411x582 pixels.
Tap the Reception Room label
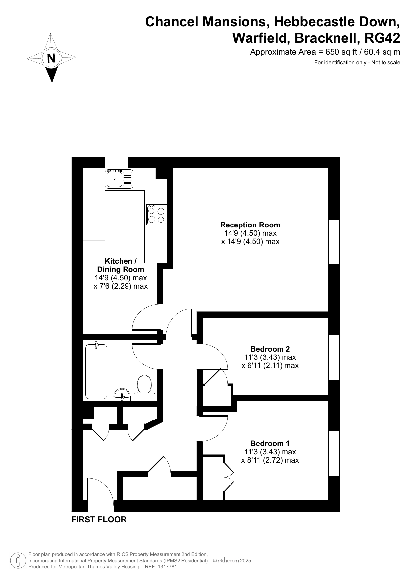(250, 225)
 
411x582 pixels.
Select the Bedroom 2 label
(270, 349)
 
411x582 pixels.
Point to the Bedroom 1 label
(270, 443)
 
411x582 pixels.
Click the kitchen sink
(119, 179)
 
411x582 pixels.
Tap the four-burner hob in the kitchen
(157, 215)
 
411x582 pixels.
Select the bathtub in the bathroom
(96, 371)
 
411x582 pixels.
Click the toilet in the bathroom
(144, 388)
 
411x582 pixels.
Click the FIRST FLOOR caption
(99, 520)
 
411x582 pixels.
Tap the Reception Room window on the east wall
(334, 241)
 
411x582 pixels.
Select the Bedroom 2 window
(334, 357)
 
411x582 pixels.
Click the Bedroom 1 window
(334, 454)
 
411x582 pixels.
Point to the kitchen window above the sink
(116, 162)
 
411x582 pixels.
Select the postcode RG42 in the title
(382, 38)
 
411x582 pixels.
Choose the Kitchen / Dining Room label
(121, 265)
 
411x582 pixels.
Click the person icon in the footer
(19, 561)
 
